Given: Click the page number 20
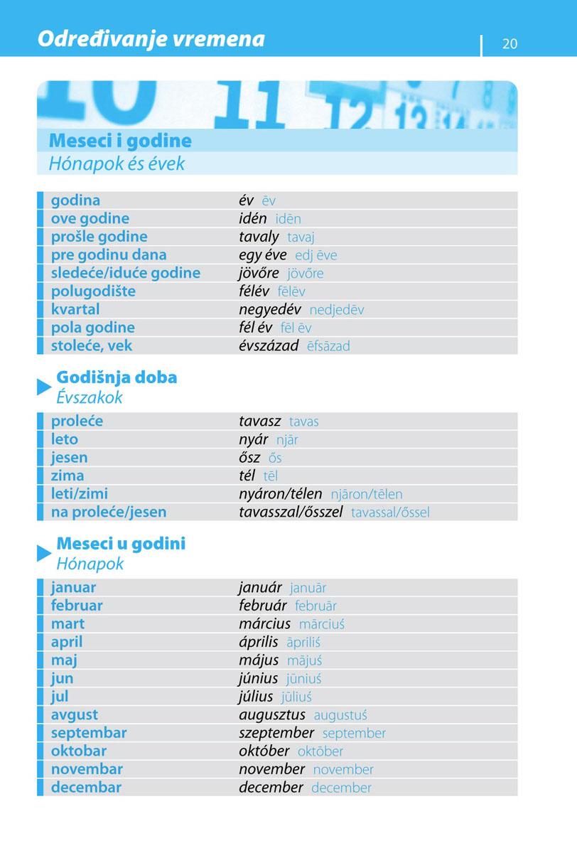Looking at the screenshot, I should (x=509, y=43).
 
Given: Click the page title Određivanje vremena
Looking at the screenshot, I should (x=151, y=38).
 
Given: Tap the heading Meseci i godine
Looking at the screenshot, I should (x=120, y=141).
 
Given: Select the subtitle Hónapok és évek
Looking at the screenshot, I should (x=117, y=163).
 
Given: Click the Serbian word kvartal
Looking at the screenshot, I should (x=75, y=310).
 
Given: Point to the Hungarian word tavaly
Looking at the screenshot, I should (x=259, y=237).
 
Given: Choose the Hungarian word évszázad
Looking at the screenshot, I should (x=269, y=346).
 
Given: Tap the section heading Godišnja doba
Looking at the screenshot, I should (x=117, y=377).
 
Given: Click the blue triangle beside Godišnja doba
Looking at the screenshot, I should (x=44, y=387).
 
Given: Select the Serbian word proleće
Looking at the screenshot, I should (x=77, y=422).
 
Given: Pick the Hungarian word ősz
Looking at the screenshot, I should (x=249, y=458).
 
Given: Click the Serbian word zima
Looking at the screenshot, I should (x=68, y=476).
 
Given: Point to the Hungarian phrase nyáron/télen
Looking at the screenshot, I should (x=280, y=494).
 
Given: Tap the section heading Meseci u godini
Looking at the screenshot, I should (x=121, y=544).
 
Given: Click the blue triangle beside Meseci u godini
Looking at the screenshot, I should (x=44, y=554).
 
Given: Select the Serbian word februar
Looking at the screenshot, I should (x=77, y=606).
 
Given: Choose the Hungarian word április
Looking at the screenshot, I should (x=258, y=642).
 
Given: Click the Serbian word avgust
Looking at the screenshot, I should (x=75, y=714).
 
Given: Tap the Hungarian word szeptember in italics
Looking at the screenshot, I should (x=276, y=733).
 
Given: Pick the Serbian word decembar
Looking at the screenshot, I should (x=86, y=788).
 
